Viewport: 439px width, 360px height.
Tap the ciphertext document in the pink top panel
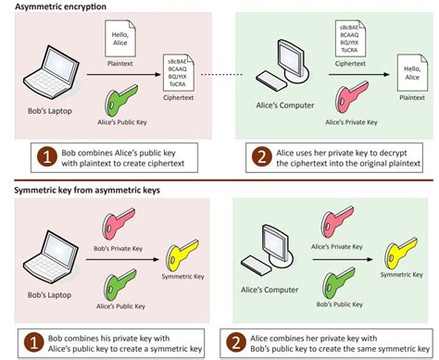180,72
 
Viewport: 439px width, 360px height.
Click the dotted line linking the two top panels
227,73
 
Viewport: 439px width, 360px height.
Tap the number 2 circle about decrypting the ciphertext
261,156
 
